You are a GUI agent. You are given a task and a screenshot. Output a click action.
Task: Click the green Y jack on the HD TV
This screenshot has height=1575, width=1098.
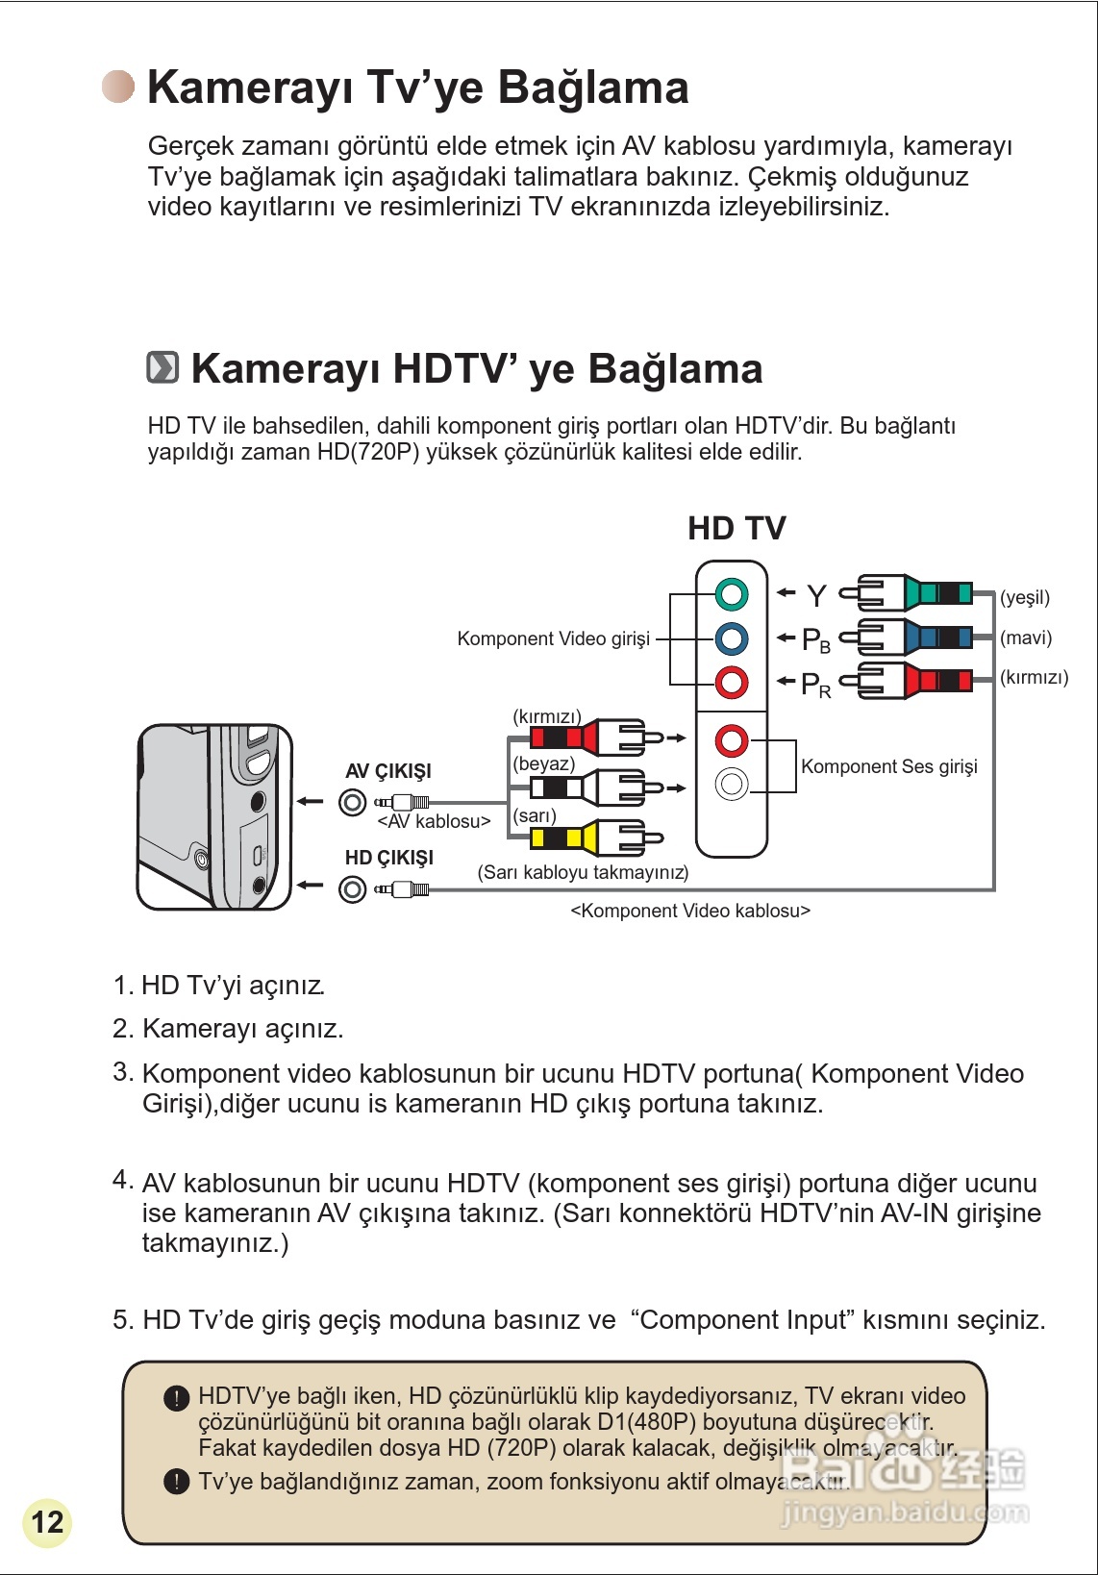click(x=732, y=593)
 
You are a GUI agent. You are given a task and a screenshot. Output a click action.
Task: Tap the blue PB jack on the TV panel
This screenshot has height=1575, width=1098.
click(x=732, y=637)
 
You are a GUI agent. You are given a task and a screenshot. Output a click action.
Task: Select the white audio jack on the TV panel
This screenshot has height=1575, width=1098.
click(x=732, y=784)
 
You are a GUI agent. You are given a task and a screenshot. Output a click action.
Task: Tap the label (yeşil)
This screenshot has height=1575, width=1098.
click(x=1025, y=597)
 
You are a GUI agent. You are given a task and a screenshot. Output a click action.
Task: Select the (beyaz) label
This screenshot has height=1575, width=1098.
click(x=544, y=763)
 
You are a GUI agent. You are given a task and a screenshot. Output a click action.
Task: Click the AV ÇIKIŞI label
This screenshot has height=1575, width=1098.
click(x=388, y=771)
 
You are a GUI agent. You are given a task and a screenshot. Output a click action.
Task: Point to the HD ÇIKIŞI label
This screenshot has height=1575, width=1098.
click(x=389, y=858)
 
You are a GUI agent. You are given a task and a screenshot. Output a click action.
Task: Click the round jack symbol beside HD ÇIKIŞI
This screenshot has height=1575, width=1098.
click(x=353, y=889)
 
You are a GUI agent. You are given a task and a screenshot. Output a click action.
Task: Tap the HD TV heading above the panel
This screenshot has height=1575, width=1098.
click(x=736, y=528)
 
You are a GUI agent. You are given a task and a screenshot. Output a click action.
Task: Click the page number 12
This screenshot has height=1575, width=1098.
click(x=47, y=1522)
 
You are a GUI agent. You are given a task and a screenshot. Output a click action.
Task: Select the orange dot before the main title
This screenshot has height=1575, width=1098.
click(x=119, y=87)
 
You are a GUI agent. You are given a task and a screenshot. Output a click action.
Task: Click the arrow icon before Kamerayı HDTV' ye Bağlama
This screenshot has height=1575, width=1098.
click(x=162, y=367)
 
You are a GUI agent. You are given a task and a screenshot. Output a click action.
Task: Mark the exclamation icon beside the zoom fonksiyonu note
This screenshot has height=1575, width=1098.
click(x=176, y=1481)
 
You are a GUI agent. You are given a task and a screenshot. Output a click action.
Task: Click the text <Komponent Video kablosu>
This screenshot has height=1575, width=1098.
click(x=690, y=911)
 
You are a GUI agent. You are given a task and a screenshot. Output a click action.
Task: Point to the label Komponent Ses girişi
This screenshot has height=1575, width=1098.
click(x=888, y=766)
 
